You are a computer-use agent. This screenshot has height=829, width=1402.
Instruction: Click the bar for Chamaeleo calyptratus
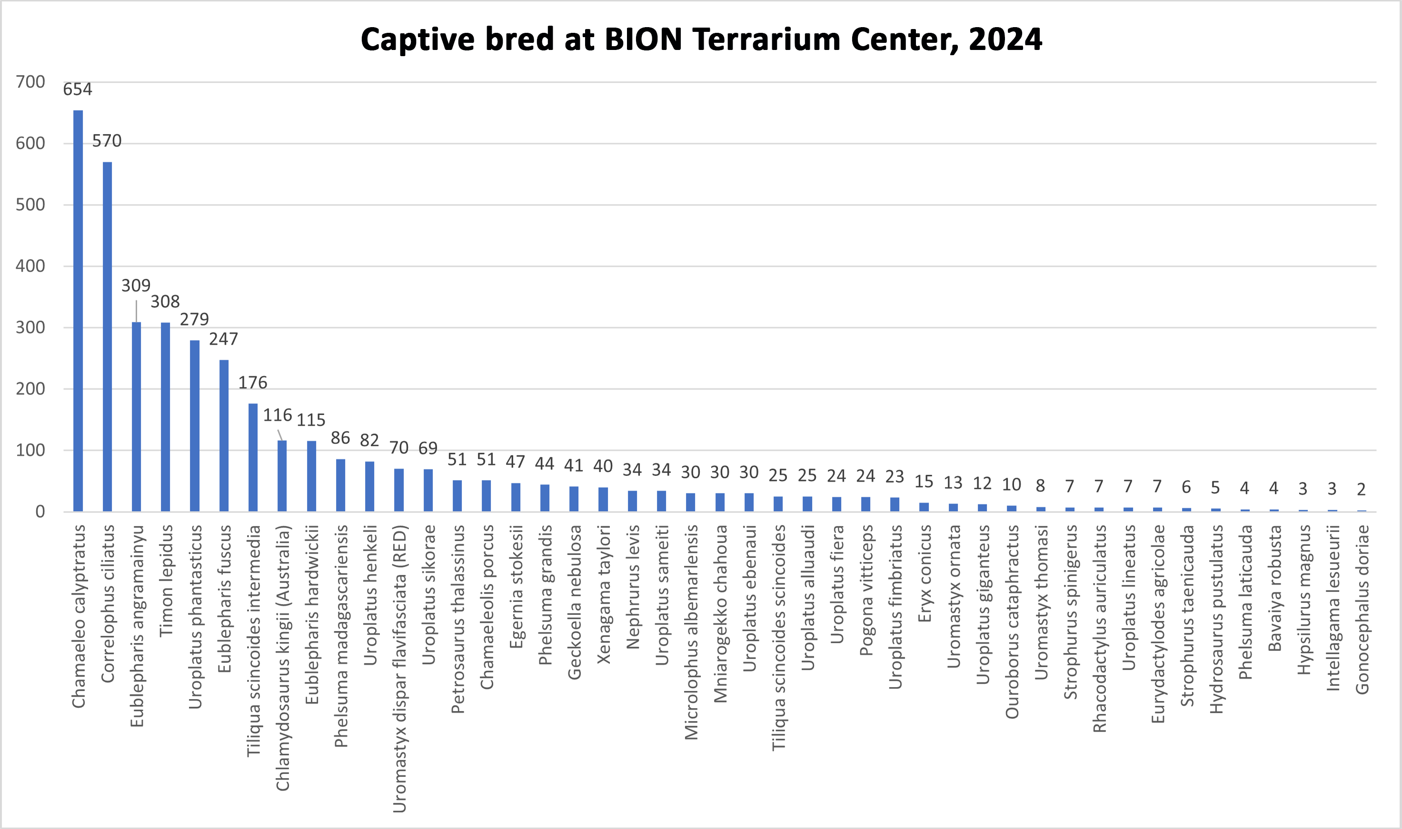(x=78, y=311)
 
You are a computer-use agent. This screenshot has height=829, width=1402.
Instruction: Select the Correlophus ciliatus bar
(x=107, y=336)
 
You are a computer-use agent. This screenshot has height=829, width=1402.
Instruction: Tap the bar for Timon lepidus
(x=165, y=417)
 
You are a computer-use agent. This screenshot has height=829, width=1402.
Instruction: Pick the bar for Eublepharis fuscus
(x=224, y=436)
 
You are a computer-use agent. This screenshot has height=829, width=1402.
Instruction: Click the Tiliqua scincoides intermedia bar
(x=253, y=457)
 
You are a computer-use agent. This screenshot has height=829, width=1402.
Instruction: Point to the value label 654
(x=77, y=89)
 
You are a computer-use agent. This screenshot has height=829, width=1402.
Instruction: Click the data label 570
(x=107, y=141)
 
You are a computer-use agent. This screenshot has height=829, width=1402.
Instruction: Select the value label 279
(x=194, y=319)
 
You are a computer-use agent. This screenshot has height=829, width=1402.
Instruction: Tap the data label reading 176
(x=253, y=383)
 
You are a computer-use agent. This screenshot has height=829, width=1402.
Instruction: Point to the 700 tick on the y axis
(x=31, y=82)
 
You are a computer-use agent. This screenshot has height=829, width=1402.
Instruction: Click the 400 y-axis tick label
(x=31, y=266)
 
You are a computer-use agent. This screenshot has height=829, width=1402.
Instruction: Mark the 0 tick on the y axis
(x=40, y=512)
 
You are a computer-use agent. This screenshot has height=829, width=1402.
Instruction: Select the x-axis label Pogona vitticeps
(x=865, y=590)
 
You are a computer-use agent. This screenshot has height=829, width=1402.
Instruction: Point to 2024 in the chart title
(x=1005, y=39)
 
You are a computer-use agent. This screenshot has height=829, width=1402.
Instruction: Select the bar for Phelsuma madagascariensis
(x=341, y=485)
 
